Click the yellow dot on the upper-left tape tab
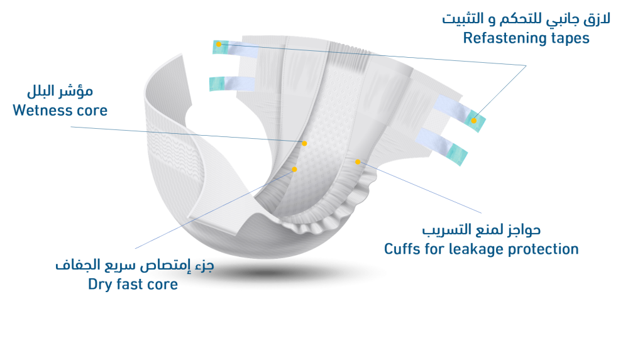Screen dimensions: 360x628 pyautogui.click(x=218, y=45)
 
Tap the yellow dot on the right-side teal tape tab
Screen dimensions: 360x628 pyautogui.click(x=473, y=120)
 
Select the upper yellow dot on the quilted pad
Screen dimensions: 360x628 pyautogui.click(x=304, y=144)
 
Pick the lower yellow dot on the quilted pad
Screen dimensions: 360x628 pyautogui.click(x=294, y=169)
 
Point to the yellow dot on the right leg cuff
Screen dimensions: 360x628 pyautogui.click(x=358, y=162)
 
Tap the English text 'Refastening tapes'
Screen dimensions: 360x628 pyautogui.click(x=526, y=38)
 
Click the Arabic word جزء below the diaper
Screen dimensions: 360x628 pyautogui.click(x=205, y=266)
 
